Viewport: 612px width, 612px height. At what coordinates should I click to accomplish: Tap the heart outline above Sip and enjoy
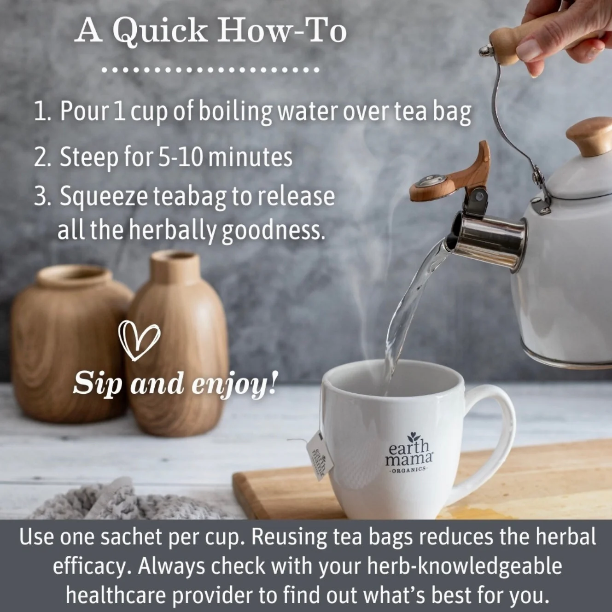[x=139, y=340]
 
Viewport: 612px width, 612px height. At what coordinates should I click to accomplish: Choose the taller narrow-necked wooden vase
[x=177, y=343]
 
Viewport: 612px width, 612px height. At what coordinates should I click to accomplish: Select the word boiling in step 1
[x=235, y=111]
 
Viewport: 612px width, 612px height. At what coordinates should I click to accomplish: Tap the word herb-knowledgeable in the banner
[x=464, y=566]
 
